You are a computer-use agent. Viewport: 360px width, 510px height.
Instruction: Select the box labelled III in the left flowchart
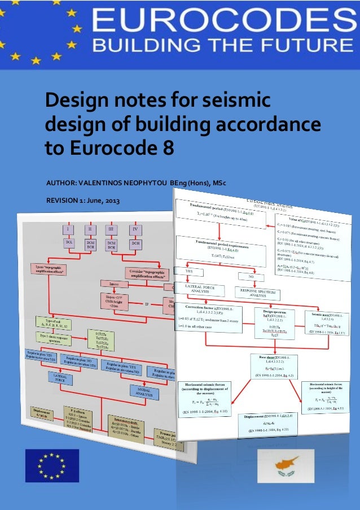click(112, 230)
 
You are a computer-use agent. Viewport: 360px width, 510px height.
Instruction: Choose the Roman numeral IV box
click(134, 230)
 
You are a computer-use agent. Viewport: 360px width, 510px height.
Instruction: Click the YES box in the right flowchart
click(194, 272)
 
